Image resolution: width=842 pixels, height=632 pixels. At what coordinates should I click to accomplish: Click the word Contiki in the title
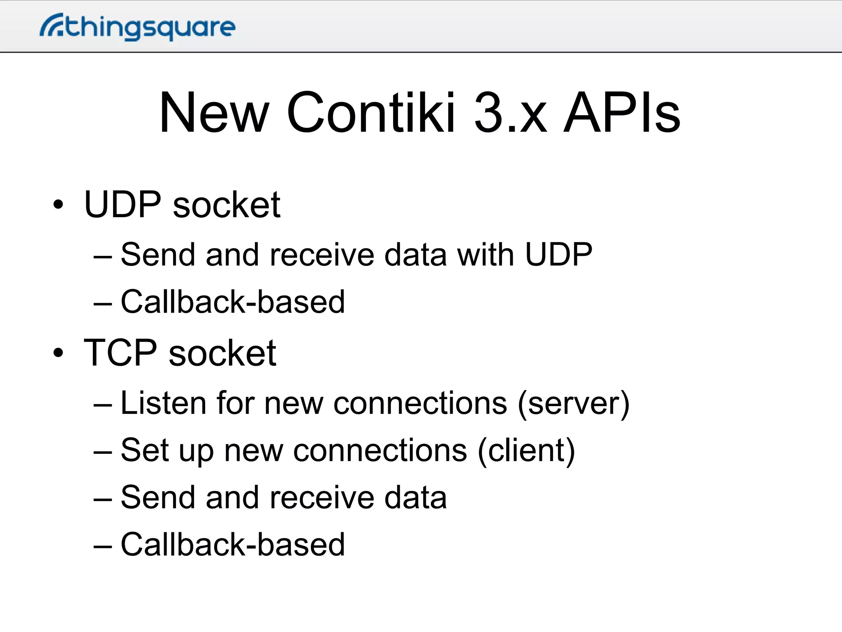point(370,113)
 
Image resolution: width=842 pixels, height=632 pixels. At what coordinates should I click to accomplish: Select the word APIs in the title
point(621,113)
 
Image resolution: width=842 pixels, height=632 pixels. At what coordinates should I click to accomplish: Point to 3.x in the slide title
point(510,113)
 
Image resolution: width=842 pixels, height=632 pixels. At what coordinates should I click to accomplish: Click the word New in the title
point(214,113)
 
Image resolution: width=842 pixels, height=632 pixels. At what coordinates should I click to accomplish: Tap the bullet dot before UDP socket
point(58,204)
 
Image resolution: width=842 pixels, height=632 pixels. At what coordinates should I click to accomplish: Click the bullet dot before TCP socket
point(58,353)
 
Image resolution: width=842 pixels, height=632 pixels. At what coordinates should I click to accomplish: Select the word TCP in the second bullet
point(120,353)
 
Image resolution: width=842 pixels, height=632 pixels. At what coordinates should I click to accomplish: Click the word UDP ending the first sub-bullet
point(559,255)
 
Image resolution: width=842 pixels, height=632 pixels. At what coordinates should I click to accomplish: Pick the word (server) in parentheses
point(574,403)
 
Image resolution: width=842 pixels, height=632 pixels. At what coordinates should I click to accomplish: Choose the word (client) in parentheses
point(526,451)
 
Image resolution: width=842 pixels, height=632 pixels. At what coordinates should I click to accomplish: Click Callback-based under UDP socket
point(233,302)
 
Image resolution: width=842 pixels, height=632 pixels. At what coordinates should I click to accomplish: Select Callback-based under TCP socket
point(233,545)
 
